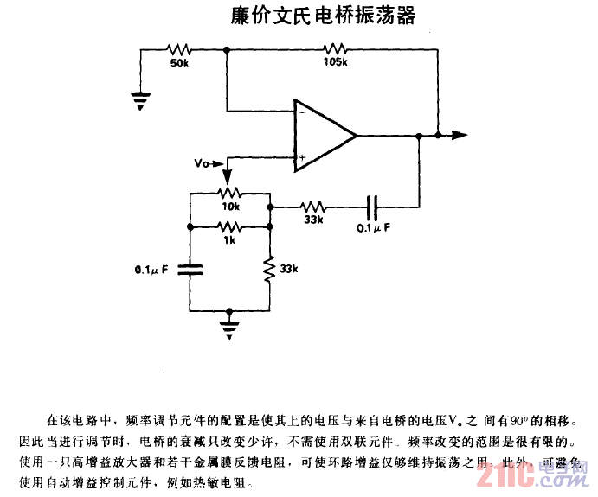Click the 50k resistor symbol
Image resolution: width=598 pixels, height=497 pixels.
[179, 49]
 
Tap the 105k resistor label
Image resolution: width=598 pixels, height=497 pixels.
[335, 62]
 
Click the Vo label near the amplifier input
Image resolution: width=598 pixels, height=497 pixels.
[202, 161]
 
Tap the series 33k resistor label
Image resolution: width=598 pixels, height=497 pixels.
[312, 220]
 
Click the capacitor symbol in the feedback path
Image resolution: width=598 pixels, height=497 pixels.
[373, 207]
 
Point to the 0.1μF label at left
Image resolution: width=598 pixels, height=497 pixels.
[151, 270]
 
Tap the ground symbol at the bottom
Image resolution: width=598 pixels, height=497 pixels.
[228, 324]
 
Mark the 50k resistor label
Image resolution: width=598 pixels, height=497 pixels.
[180, 62]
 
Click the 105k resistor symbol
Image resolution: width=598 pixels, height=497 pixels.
[334, 49]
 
